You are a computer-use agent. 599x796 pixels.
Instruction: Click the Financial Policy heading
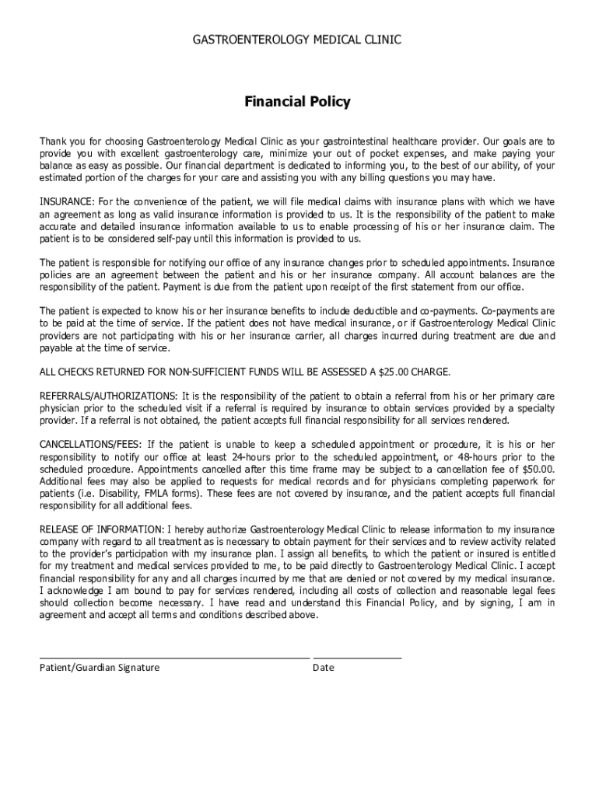(298, 102)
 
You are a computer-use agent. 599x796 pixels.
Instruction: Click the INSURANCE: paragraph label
(67, 202)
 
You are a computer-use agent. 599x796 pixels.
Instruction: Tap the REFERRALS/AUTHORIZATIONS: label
(109, 396)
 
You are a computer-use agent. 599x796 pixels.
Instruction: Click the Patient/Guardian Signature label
(100, 668)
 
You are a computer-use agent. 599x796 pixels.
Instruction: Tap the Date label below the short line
(324, 668)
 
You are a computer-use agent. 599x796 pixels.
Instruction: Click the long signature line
(174, 658)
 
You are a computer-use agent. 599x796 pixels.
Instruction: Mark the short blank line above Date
(357, 658)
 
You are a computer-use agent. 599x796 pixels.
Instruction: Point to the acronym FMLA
(158, 493)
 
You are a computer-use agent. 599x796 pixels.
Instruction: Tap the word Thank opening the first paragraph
(54, 141)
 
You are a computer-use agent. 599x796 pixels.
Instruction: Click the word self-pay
(156, 238)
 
